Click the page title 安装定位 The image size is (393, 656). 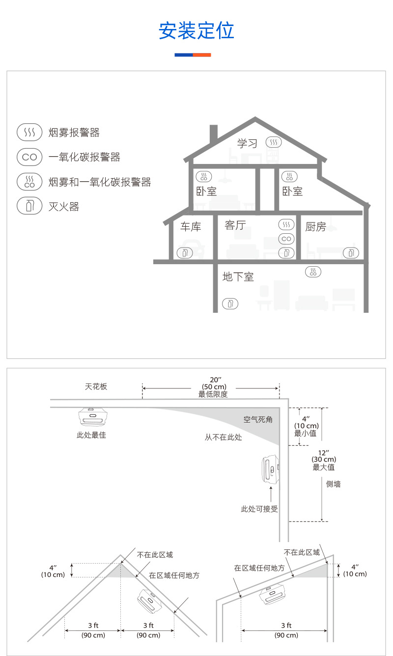(x=196, y=30)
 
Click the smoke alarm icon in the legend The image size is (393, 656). (x=29, y=132)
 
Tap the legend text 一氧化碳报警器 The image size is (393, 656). (x=84, y=157)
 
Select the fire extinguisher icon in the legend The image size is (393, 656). (x=29, y=206)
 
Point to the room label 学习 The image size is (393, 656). (x=247, y=143)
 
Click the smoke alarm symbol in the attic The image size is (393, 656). (x=274, y=142)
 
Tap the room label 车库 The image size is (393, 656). (x=191, y=226)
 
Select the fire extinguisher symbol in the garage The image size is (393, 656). (x=184, y=253)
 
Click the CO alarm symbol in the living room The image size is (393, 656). (x=286, y=239)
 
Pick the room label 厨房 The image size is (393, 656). (x=315, y=226)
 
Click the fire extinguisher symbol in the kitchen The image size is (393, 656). (x=350, y=252)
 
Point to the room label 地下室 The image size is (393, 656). (x=238, y=277)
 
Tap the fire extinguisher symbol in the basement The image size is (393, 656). (x=230, y=303)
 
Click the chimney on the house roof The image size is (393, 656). (x=213, y=134)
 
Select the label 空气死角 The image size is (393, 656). (x=258, y=420)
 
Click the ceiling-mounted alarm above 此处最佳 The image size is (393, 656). (x=92, y=417)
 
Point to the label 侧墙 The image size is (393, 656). (x=334, y=484)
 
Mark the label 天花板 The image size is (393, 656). (x=96, y=386)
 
